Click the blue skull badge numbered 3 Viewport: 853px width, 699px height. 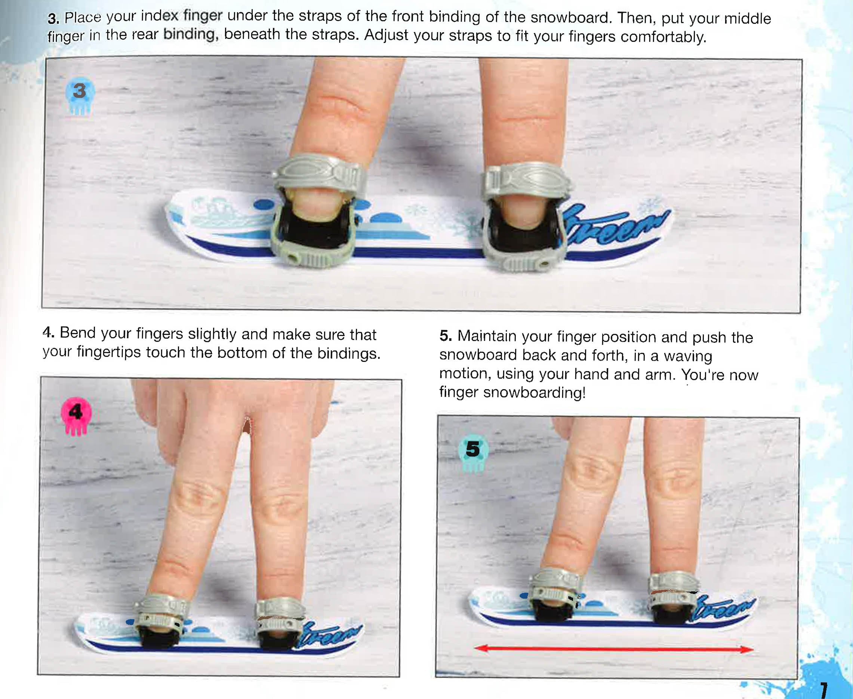coord(80,95)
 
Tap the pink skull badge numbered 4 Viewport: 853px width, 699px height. coord(76,416)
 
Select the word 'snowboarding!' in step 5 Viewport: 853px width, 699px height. coord(534,392)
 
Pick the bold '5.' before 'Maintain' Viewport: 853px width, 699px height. coord(446,336)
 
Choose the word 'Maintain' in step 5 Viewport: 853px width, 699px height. coord(487,336)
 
